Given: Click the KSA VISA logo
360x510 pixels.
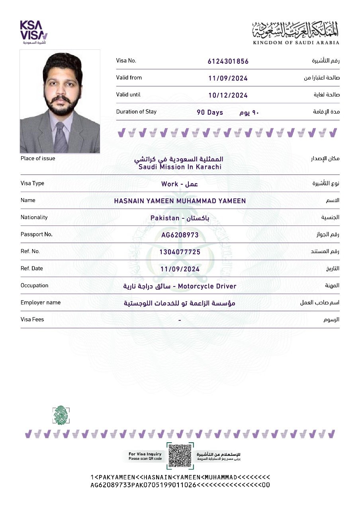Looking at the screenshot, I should pos(34,32).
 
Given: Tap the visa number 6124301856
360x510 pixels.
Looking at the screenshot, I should pos(228,61).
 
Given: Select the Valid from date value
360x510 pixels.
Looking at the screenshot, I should pos(228,78).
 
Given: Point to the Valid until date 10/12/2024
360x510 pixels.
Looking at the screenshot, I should pos(228,96).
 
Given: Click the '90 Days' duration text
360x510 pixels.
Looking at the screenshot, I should pos(210,113).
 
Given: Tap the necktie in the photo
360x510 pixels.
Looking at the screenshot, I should pos(61,137).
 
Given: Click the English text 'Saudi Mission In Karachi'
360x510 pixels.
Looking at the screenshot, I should pos(180,167).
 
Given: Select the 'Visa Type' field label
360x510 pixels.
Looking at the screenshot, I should pos(32,183).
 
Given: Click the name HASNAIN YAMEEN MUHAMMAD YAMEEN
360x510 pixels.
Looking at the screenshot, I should pos(180,201).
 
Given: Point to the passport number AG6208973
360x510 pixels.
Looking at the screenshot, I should pos(180,235).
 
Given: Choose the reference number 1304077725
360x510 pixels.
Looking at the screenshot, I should pos(180,252).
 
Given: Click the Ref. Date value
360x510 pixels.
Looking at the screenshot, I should pos(180,269).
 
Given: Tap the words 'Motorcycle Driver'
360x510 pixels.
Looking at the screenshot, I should pos(207,286).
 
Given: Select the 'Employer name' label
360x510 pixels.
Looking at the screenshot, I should pos(41,302).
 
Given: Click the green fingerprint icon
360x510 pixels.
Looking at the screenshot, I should pos(61,415).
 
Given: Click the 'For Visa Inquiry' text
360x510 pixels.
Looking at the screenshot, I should pos(145,454).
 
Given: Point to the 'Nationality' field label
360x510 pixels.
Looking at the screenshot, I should pos(34,217).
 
